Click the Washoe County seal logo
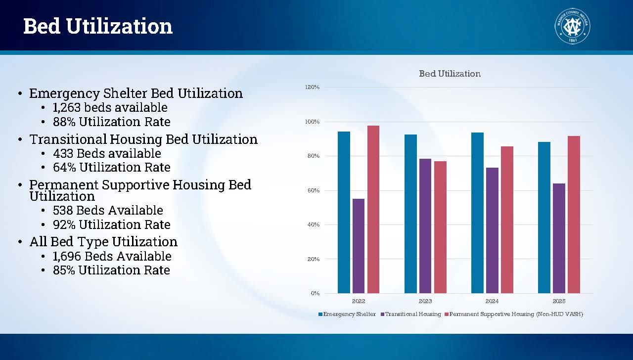(x=572, y=26)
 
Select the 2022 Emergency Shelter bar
(x=344, y=212)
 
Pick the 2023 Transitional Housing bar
(x=425, y=226)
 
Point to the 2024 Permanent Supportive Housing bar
(x=507, y=220)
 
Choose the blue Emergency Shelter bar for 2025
(x=544, y=218)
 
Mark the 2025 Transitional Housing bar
(x=559, y=238)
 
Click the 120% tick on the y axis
(x=313, y=87)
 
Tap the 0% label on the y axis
(x=315, y=293)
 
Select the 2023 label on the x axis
(x=425, y=301)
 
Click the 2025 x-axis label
(x=559, y=301)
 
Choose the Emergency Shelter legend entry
(x=347, y=314)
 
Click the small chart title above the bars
(x=450, y=74)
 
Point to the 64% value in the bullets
(x=64, y=167)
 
